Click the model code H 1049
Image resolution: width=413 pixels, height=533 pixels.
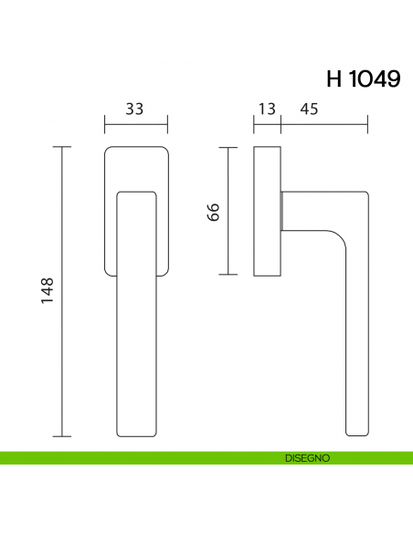pos(362,78)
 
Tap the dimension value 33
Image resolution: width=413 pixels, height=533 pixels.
pos(134,110)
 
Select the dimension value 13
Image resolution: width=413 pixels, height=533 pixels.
pos(267,110)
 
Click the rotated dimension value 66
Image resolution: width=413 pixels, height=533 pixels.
pos(214,212)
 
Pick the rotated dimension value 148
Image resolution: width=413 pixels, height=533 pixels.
pos(48,291)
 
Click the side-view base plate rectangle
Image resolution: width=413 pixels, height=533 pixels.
pos(267,210)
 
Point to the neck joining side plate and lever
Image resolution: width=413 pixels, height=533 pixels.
pos(284,210)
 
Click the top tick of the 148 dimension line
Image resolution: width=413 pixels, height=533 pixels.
pos(62,146)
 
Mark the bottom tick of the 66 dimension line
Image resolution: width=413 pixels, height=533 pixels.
pos(227,275)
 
